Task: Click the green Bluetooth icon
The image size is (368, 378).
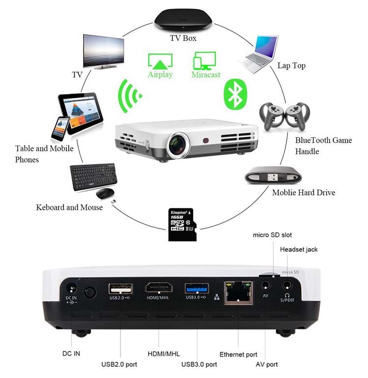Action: pyautogui.click(x=235, y=94)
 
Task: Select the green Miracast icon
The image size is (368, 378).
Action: pyautogui.click(x=205, y=61)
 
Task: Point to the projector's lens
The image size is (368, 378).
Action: pyautogui.click(x=179, y=145)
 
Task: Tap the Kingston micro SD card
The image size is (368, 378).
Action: pyautogui.click(x=182, y=225)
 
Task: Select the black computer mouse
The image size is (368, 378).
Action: pyautogui.click(x=105, y=193)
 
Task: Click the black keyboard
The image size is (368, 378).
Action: pyautogui.click(x=93, y=176)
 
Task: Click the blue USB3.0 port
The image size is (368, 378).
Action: pyautogui.click(x=197, y=289)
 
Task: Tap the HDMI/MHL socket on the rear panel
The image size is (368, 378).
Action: pyautogui.click(x=159, y=288)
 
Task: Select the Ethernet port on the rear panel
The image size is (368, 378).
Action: pyautogui.click(x=238, y=293)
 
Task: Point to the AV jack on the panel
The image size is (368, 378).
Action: pyautogui.click(x=265, y=286)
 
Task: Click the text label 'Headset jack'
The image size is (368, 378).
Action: pyautogui.click(x=299, y=249)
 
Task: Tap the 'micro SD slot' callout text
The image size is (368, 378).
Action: pyautogui.click(x=272, y=235)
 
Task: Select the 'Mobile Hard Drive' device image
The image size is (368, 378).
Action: pyautogui.click(x=273, y=175)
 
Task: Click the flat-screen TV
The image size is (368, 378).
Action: pyautogui.click(x=104, y=52)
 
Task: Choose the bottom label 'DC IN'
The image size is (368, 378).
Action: pyautogui.click(x=71, y=353)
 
